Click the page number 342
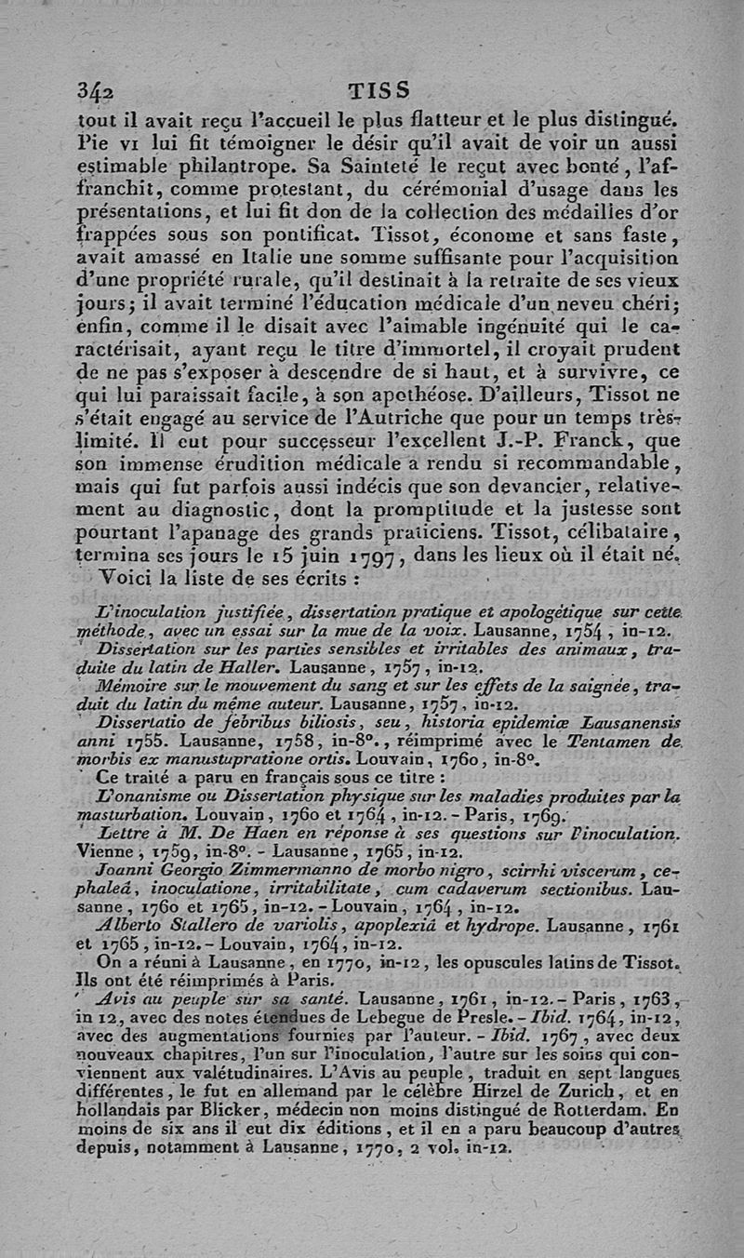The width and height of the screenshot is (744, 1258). click(x=96, y=91)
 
